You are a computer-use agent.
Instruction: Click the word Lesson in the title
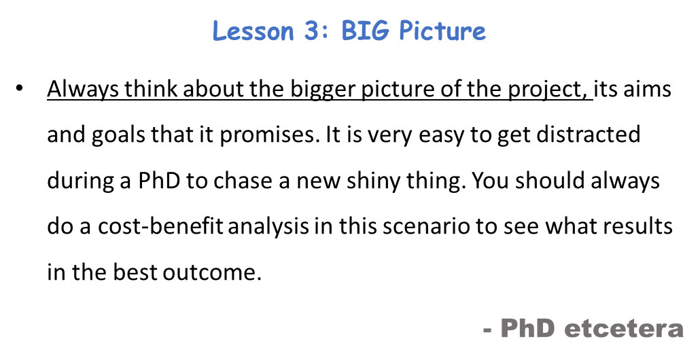pyautogui.click(x=253, y=31)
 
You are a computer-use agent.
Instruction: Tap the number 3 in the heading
pyautogui.click(x=314, y=31)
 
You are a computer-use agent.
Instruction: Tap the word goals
pyautogui.click(x=118, y=135)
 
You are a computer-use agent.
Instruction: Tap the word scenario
pyautogui.click(x=426, y=227)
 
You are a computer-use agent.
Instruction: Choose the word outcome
pyautogui.click(x=212, y=272)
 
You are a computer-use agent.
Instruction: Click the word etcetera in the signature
pyautogui.click(x=624, y=328)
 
